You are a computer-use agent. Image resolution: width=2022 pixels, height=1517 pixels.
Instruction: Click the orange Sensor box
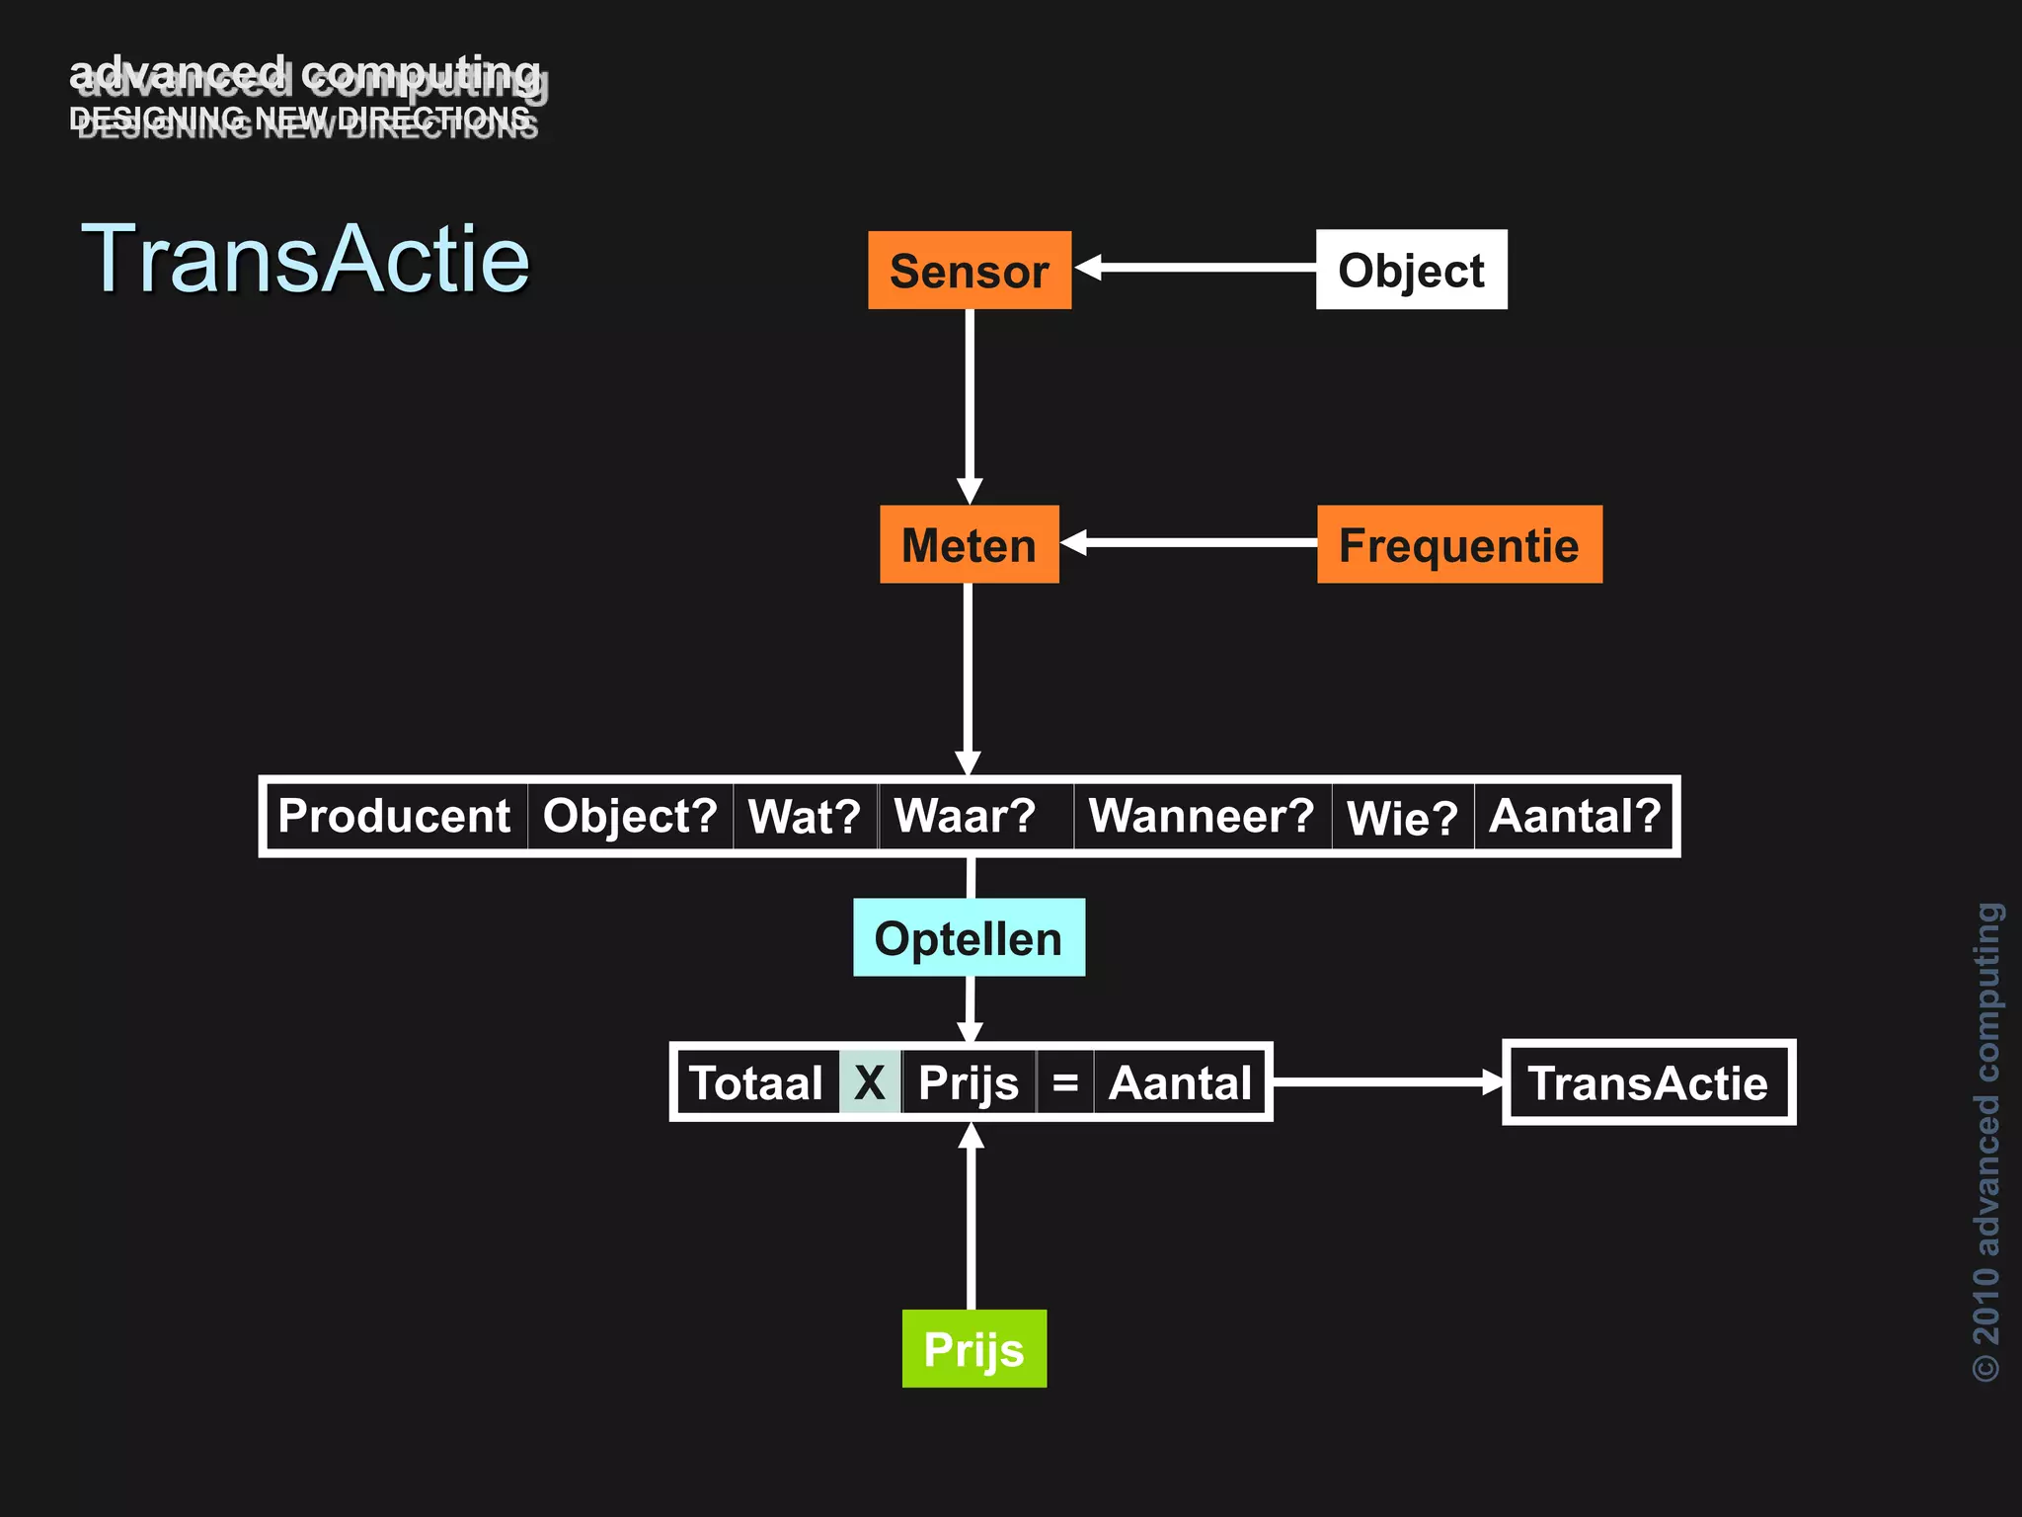click(970, 271)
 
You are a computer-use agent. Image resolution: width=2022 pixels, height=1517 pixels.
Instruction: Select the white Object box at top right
click(1411, 270)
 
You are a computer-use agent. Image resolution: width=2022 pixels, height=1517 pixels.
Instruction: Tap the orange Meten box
click(969, 544)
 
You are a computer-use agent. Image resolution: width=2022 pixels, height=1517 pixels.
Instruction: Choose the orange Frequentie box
click(1458, 544)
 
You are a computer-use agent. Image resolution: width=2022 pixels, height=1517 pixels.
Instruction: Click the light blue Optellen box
click(969, 937)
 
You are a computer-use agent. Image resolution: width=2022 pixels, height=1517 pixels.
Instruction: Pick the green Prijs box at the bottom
click(973, 1348)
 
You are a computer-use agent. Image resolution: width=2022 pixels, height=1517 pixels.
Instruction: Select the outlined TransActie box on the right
click(1648, 1082)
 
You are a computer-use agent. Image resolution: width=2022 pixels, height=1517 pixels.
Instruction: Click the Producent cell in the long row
click(395, 816)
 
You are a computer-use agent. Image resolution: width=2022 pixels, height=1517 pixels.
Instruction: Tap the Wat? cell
click(805, 817)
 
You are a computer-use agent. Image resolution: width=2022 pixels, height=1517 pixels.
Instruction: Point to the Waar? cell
click(966, 816)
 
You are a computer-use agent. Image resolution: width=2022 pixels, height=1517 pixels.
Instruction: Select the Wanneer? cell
click(1202, 816)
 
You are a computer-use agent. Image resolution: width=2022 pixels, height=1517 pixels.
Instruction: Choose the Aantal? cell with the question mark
click(1575, 816)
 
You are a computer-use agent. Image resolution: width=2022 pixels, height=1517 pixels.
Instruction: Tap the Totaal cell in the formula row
click(756, 1082)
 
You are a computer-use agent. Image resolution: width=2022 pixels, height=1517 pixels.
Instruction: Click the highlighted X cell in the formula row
click(870, 1082)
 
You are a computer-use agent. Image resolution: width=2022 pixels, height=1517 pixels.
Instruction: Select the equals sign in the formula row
click(1065, 1082)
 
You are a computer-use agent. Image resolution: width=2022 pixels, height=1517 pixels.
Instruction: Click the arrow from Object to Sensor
click(1195, 268)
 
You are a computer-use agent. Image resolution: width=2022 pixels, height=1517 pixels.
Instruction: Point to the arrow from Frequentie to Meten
click(1190, 542)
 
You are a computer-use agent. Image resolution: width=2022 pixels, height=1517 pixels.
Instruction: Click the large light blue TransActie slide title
click(305, 259)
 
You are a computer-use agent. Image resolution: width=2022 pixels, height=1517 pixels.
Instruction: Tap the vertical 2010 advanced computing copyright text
click(1986, 1141)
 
